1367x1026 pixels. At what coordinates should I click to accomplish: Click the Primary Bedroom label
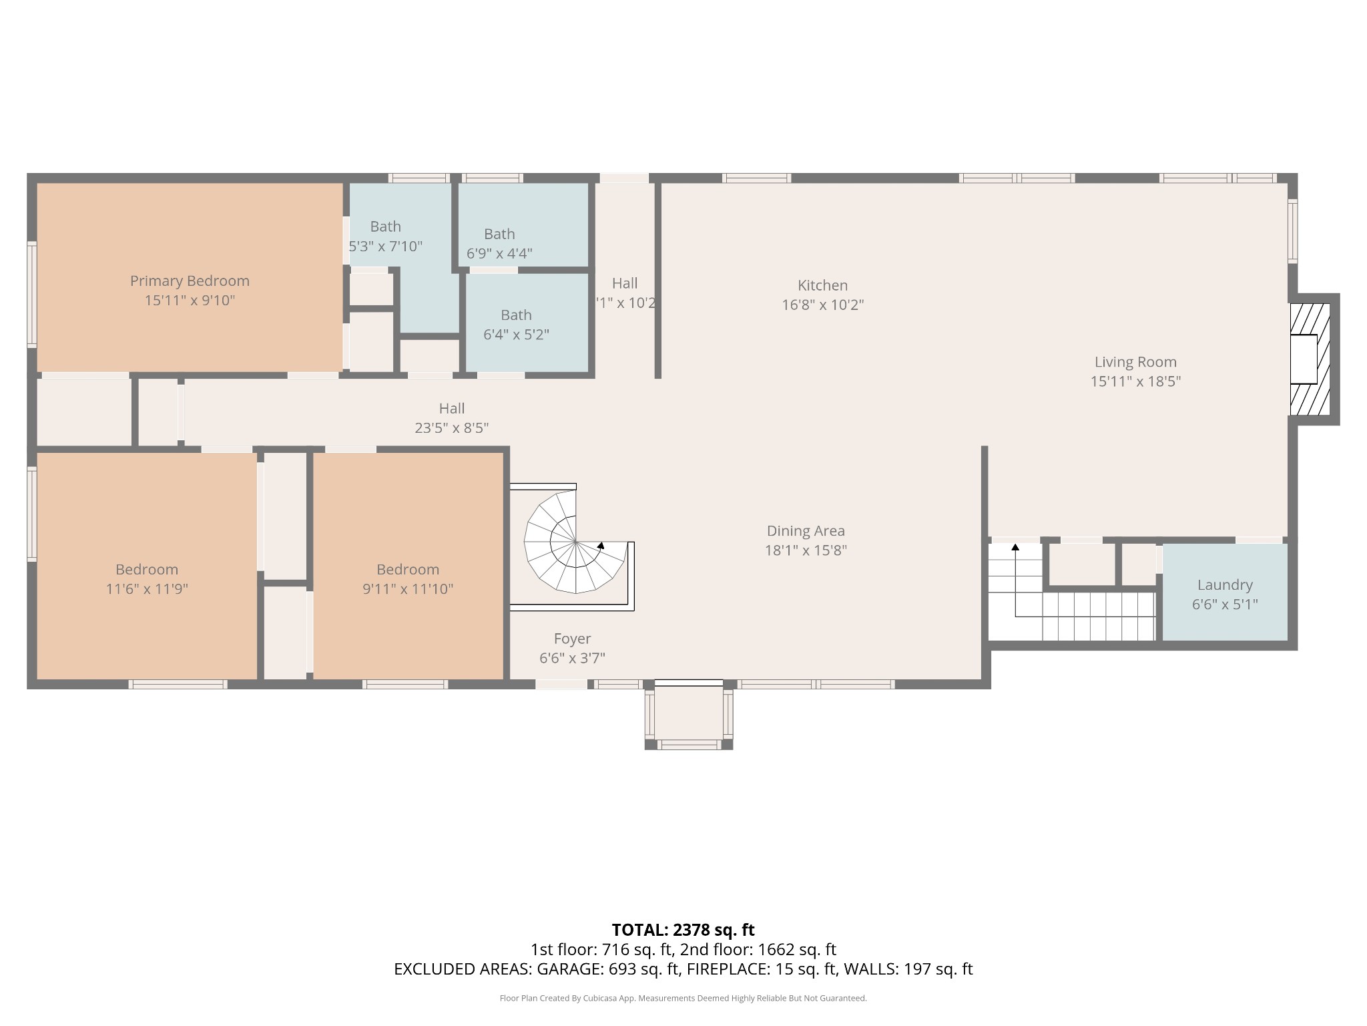190,281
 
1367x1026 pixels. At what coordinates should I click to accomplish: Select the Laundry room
1225,593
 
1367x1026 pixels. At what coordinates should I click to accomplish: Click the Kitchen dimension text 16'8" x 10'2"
822,305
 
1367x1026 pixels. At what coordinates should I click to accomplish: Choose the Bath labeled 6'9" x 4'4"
499,243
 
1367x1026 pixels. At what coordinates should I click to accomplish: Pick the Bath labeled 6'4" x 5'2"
516,324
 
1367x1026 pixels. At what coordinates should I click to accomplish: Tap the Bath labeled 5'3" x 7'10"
386,236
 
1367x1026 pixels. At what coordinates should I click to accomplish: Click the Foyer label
572,639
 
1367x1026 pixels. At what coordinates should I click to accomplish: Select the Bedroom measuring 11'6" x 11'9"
147,578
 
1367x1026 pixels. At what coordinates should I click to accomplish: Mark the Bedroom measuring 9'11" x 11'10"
408,578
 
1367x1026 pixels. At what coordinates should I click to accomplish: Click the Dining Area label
806,531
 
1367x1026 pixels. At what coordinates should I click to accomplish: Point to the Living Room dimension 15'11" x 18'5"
1135,381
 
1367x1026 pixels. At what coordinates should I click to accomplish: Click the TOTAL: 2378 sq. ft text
683,930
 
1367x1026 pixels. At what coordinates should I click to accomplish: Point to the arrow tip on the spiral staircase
601,545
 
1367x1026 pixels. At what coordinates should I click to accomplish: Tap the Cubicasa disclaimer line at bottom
683,999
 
